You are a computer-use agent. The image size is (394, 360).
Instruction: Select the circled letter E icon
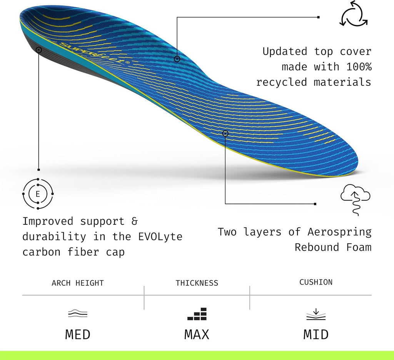(38, 194)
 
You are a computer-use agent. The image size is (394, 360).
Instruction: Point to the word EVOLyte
(160, 236)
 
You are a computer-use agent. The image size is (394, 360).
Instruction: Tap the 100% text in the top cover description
(359, 67)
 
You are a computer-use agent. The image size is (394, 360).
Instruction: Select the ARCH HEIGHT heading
(78, 283)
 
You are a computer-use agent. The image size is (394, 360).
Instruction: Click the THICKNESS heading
(197, 283)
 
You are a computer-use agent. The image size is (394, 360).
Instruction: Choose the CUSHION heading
(316, 282)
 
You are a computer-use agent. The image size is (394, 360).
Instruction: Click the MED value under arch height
(78, 335)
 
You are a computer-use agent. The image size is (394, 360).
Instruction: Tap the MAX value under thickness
(197, 335)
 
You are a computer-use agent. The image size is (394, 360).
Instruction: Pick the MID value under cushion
(316, 335)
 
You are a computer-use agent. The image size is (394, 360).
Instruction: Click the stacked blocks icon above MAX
(197, 314)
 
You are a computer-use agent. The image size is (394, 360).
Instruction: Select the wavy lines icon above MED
(78, 313)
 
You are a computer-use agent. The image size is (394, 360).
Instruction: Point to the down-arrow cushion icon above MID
(316, 314)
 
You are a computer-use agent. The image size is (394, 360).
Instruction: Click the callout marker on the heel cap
(39, 50)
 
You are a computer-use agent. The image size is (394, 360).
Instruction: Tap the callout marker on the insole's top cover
(177, 59)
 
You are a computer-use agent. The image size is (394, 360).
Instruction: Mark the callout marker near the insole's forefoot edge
(225, 133)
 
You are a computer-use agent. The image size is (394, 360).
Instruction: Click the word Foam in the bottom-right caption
(359, 247)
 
